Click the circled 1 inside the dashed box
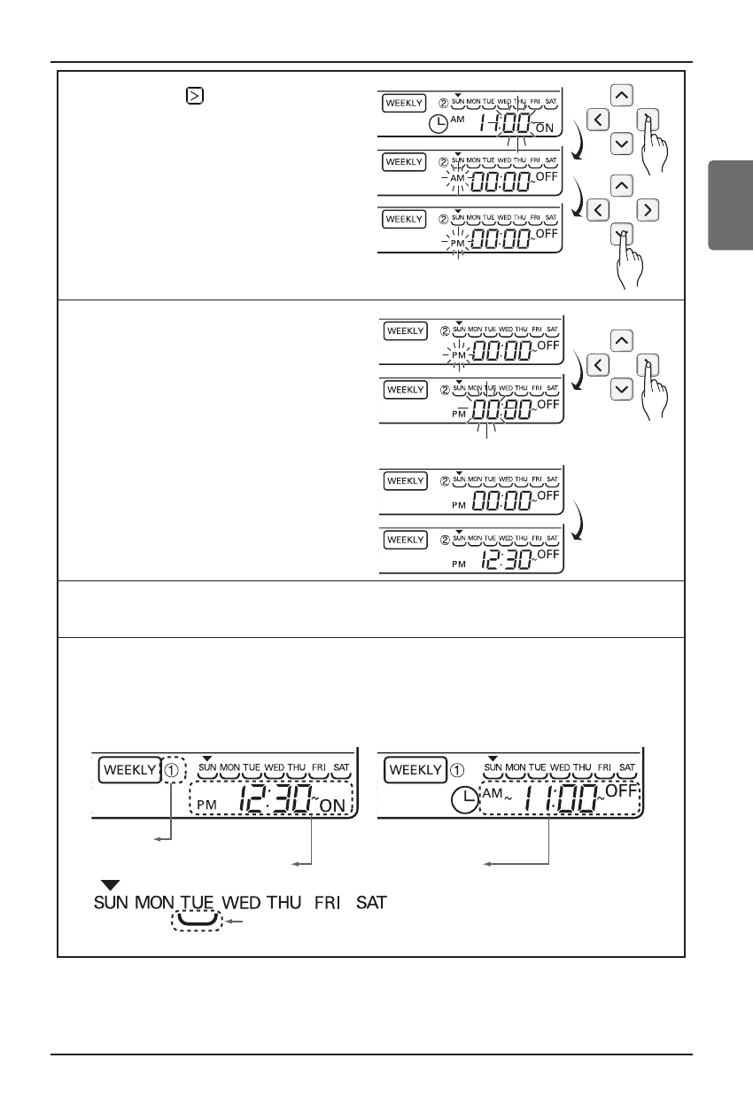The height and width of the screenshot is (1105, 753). pos(173,770)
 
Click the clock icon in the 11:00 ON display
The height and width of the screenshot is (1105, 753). pos(438,125)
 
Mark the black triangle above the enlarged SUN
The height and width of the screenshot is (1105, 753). pos(110,884)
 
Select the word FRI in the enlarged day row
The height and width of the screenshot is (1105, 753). pos(327,904)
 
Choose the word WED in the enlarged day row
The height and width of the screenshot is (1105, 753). pos(242,904)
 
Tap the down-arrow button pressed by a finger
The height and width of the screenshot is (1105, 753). pos(623,234)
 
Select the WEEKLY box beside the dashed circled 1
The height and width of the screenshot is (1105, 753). pos(128,770)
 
